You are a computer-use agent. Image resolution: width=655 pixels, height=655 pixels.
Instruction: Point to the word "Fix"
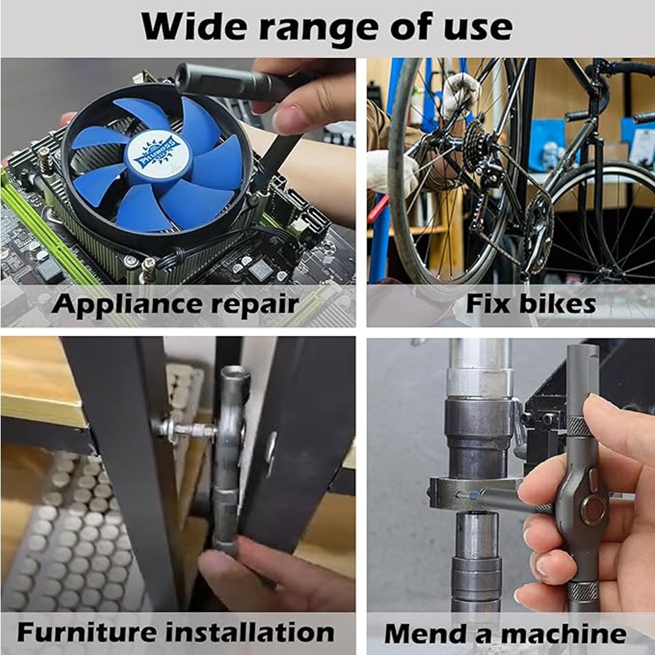(x=487, y=303)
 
